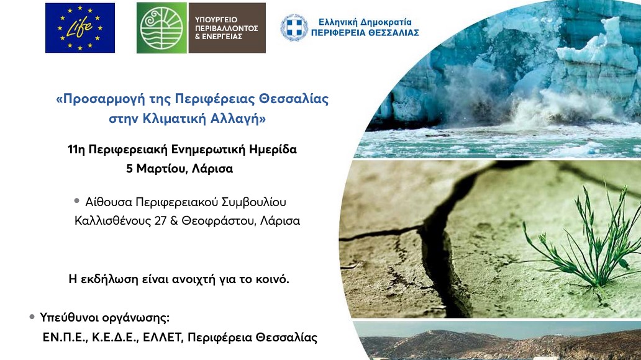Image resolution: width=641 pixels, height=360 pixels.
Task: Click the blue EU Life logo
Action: pos(80,28)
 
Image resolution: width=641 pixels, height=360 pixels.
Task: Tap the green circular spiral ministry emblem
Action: pos(162,28)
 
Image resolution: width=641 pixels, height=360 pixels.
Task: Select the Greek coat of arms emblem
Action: pos(294,27)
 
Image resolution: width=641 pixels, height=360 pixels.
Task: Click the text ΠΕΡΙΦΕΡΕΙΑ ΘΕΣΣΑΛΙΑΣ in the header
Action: pos(365,32)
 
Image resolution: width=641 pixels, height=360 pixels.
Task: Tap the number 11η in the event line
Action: pos(76,150)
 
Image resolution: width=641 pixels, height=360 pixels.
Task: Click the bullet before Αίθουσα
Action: pos(77,201)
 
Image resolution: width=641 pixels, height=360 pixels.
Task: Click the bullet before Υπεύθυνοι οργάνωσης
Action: pos(32,317)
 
